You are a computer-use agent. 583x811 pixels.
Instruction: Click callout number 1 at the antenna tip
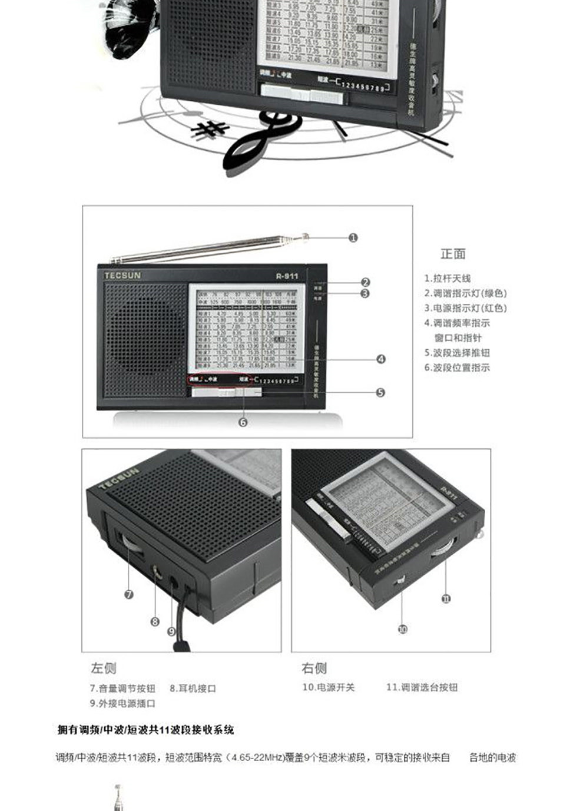pyautogui.click(x=353, y=238)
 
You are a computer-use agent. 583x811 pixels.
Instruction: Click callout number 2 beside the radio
pyautogui.click(x=366, y=283)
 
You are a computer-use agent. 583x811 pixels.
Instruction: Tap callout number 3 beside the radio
pyautogui.click(x=365, y=293)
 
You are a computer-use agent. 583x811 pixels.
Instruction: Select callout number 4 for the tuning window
pyautogui.click(x=381, y=359)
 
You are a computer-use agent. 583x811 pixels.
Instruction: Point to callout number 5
pyautogui.click(x=380, y=392)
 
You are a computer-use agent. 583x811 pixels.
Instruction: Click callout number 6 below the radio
pyautogui.click(x=243, y=422)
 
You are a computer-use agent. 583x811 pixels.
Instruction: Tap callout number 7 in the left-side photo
pyautogui.click(x=129, y=594)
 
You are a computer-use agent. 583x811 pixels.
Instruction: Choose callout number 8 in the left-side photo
pyautogui.click(x=155, y=621)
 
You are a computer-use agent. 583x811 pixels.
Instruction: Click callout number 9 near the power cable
pyautogui.click(x=171, y=631)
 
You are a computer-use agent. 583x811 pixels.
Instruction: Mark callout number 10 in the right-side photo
pyautogui.click(x=402, y=629)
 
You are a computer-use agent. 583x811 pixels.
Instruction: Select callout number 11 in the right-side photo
pyautogui.click(x=446, y=598)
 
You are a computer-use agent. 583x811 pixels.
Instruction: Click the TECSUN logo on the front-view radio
pyautogui.click(x=122, y=275)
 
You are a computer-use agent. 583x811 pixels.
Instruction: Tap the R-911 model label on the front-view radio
pyautogui.click(x=287, y=276)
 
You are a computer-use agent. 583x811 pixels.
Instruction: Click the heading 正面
pyautogui.click(x=453, y=254)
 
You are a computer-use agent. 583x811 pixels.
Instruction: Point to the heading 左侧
pyautogui.click(x=103, y=668)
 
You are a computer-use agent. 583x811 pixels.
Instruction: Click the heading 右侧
pyautogui.click(x=314, y=668)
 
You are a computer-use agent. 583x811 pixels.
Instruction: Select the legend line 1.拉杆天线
pyautogui.click(x=448, y=279)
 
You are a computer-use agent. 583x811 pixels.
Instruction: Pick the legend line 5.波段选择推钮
pyautogui.click(x=457, y=352)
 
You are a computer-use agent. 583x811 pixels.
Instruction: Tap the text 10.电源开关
pyautogui.click(x=329, y=687)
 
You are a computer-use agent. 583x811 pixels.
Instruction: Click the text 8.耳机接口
pyautogui.click(x=193, y=688)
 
